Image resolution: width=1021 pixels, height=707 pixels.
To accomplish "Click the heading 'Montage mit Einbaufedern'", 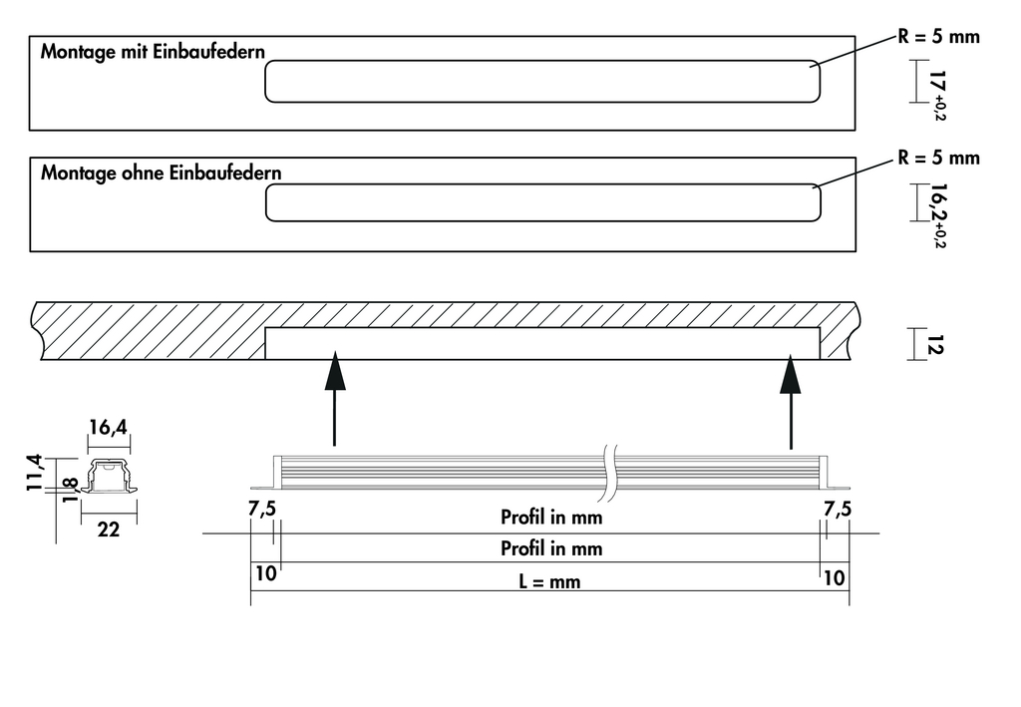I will [153, 52].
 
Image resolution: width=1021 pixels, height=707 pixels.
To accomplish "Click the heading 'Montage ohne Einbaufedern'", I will [161, 173].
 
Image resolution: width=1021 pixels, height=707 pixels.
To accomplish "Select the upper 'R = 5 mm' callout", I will [939, 38].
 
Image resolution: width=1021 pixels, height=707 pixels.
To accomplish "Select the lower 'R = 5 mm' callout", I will [939, 158].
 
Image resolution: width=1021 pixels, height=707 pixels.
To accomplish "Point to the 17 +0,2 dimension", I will [936, 90].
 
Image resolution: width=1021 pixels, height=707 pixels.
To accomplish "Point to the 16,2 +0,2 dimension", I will [936, 212].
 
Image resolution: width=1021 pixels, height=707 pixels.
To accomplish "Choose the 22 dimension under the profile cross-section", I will [109, 530].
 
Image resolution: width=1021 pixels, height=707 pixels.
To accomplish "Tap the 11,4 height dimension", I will [35, 472].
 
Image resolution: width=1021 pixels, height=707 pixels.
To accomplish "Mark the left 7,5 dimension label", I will [262, 509].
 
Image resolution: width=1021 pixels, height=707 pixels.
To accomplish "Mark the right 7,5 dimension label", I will [838, 509].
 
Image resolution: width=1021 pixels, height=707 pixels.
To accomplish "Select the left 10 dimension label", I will [266, 575].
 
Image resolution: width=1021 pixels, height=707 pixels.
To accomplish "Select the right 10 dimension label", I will [834, 576].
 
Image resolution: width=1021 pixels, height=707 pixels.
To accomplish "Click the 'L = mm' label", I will [549, 581].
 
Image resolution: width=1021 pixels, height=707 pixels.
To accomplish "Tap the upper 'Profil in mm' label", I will [551, 518].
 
